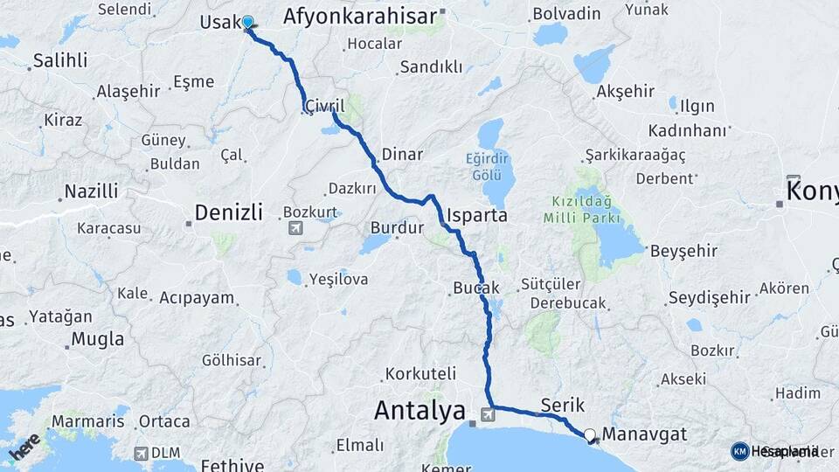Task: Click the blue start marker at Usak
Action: coord(247,23)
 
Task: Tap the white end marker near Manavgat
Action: coord(590,434)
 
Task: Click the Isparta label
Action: coord(476,215)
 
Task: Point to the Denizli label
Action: coord(227,212)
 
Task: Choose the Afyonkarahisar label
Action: coord(359,17)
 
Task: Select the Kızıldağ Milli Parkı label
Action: coord(581,210)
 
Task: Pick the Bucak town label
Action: coord(476,288)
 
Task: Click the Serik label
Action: coord(563,405)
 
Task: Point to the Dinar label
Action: coord(401,155)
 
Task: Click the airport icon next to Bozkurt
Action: coord(295,229)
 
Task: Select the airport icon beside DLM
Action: coord(141,454)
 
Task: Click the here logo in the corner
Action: coord(24,447)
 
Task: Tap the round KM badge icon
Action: coord(739,451)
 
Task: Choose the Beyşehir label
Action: coord(683,251)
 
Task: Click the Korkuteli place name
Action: coord(420,373)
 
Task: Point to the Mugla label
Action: coord(98,338)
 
